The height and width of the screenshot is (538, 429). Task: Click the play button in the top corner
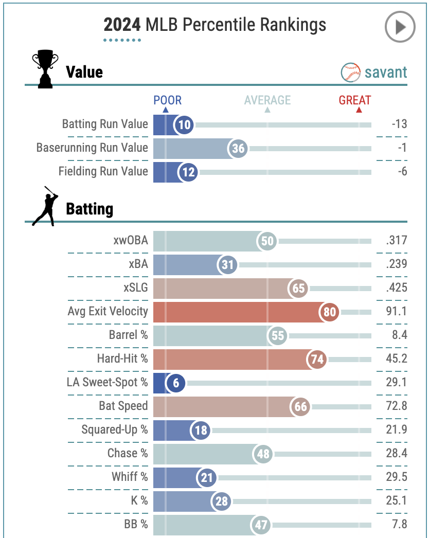click(x=400, y=27)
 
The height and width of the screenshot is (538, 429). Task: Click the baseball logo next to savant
click(x=350, y=73)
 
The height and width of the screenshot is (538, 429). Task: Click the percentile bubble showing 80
click(x=330, y=312)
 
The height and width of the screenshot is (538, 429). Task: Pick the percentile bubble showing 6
click(x=176, y=383)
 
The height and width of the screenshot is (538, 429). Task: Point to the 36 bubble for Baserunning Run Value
click(x=238, y=149)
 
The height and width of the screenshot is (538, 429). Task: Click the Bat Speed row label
click(x=123, y=406)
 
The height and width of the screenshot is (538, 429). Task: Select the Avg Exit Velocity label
click(x=108, y=311)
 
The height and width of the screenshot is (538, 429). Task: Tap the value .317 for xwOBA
click(x=396, y=241)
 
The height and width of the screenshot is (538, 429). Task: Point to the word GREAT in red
click(x=355, y=100)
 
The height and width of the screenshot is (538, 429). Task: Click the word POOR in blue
click(x=167, y=100)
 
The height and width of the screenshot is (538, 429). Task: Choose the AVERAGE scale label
click(x=267, y=100)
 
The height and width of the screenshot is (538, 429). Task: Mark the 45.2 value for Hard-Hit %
click(x=397, y=358)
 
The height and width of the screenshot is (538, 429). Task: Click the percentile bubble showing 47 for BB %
click(x=261, y=525)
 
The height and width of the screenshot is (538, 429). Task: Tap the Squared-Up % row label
click(x=114, y=429)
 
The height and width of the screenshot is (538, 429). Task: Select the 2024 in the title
click(x=122, y=25)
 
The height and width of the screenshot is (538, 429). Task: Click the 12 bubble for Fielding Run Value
click(x=189, y=172)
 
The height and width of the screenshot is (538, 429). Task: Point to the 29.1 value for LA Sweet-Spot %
click(x=397, y=382)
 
